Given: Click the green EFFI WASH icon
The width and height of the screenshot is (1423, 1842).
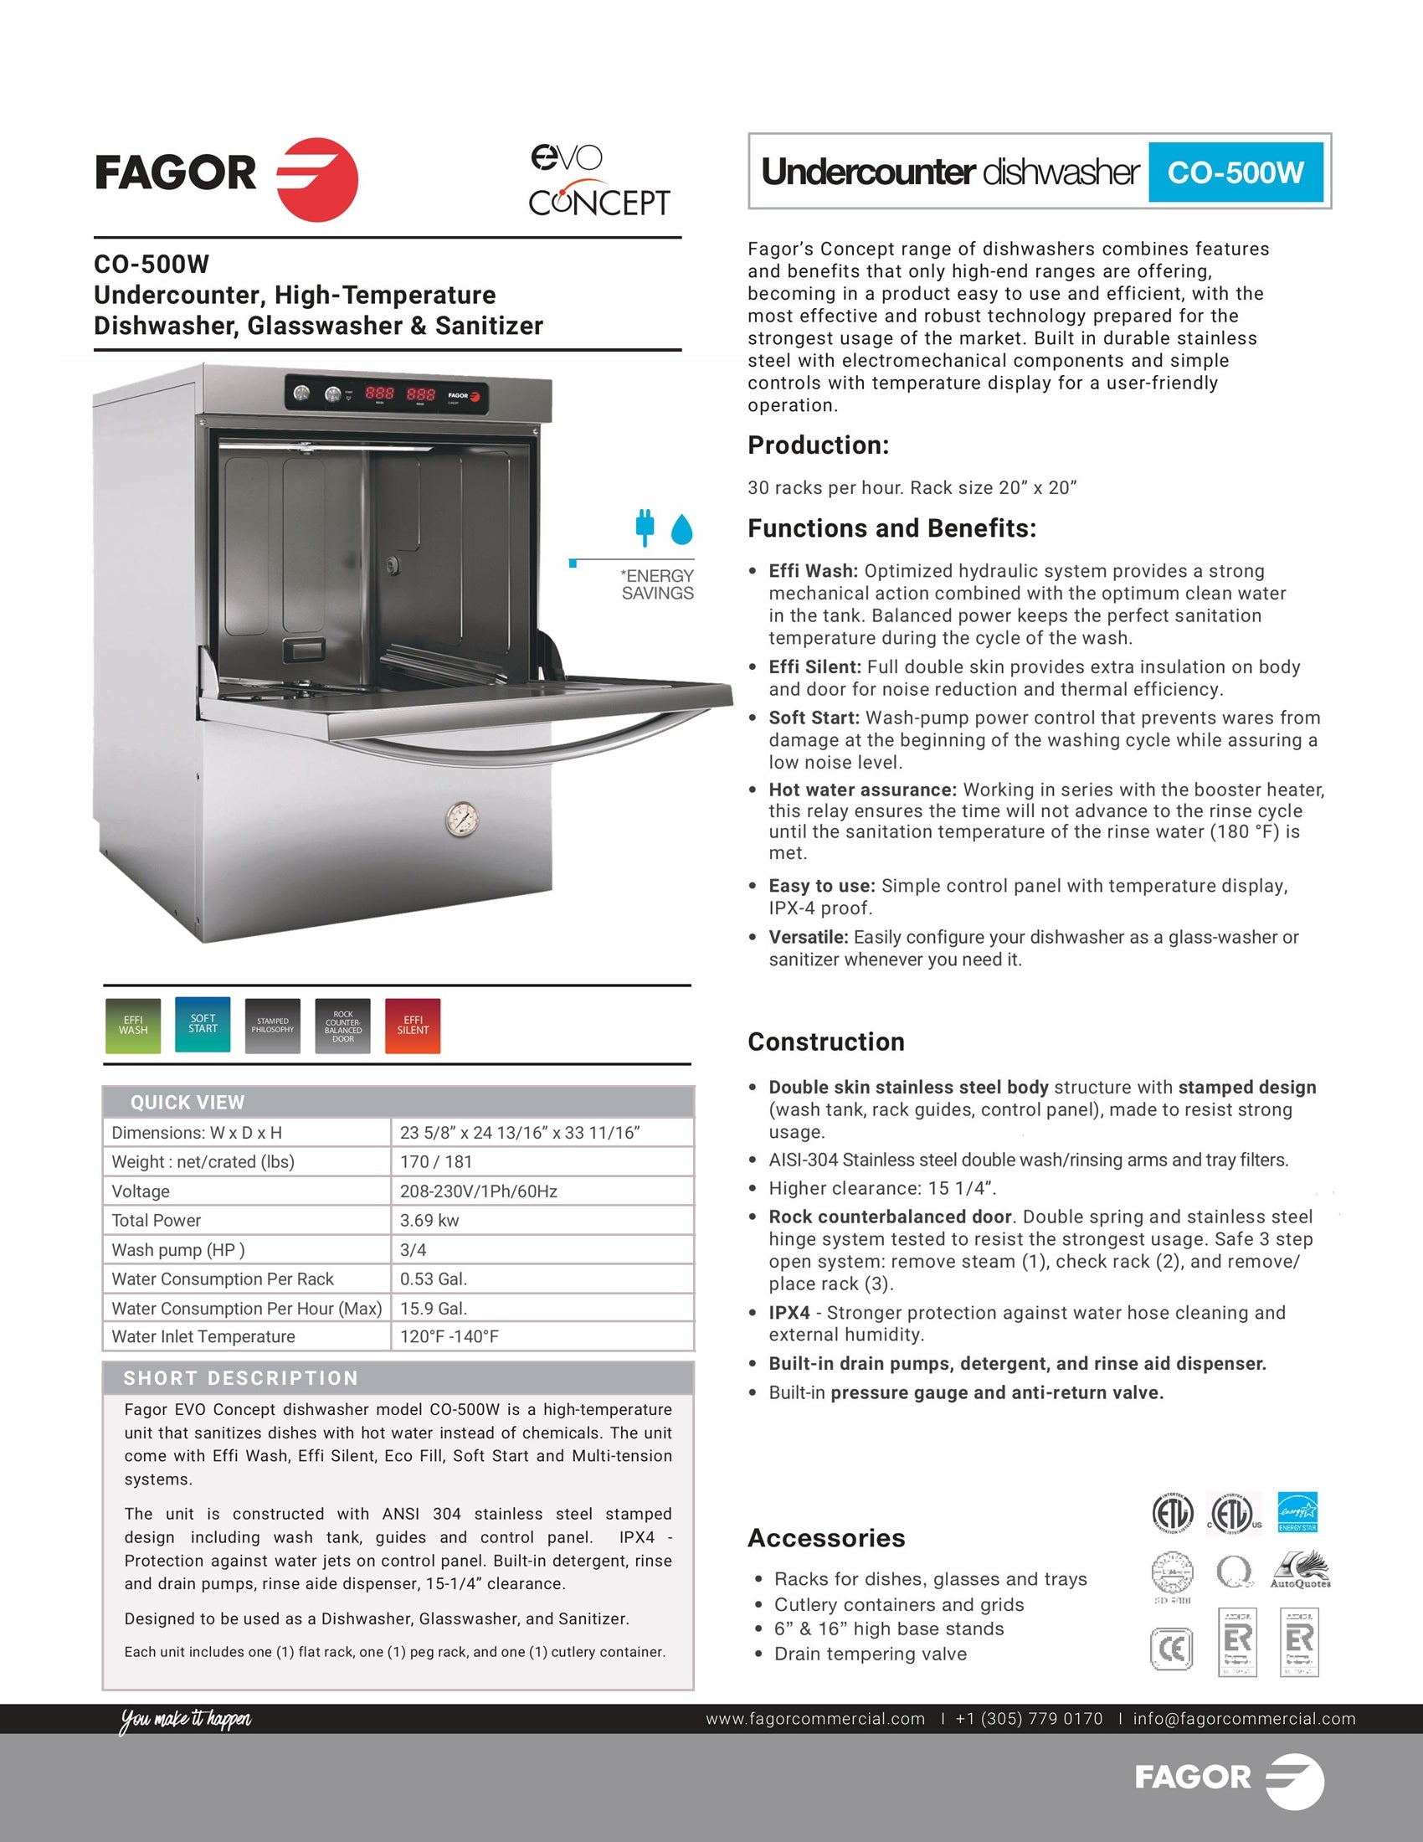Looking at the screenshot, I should click(x=132, y=1026).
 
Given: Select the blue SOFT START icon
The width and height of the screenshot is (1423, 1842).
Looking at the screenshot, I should click(x=203, y=1024).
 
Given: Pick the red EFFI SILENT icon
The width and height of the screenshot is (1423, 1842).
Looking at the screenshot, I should click(x=412, y=1026).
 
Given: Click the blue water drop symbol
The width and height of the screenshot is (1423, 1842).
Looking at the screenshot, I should click(x=681, y=529).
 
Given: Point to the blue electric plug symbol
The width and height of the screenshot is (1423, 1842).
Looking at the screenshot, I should click(x=645, y=526).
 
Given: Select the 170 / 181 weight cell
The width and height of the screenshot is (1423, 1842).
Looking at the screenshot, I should click(x=436, y=1161).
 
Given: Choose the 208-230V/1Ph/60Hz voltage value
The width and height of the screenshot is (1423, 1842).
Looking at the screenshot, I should click(x=478, y=1191).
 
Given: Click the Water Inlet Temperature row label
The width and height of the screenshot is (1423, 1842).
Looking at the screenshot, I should click(x=203, y=1336).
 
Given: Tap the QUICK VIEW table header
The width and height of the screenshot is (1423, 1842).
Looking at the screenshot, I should click(x=188, y=1103).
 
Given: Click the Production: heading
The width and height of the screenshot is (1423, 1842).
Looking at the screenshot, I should click(x=818, y=445).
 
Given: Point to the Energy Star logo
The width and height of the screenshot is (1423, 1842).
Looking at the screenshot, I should click(x=1297, y=1512).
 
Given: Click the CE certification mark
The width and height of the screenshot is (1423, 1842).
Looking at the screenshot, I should click(x=1171, y=1649).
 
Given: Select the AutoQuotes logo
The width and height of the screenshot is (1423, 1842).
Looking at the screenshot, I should click(x=1299, y=1572).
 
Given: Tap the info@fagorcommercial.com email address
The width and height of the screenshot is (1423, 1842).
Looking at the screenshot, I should click(x=1244, y=1719).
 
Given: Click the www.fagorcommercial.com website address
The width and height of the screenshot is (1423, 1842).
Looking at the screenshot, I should click(x=815, y=1719).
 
